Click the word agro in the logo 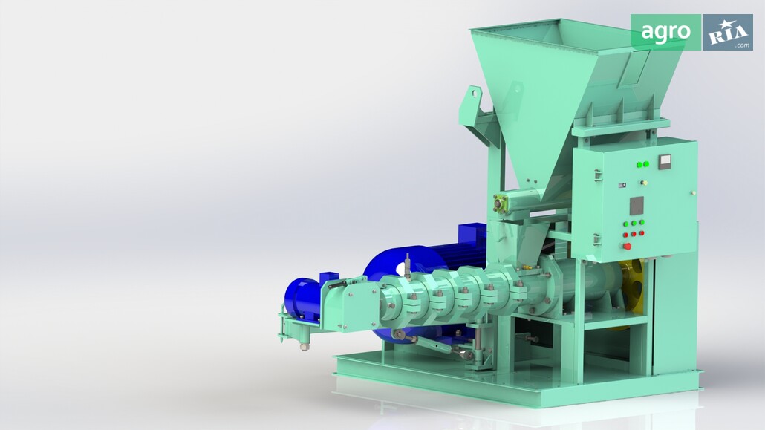pyautogui.click(x=665, y=32)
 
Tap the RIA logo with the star pyautogui.click(x=727, y=32)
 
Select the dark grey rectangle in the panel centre pyautogui.click(x=637, y=206)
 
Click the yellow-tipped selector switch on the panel pyautogui.click(x=643, y=183)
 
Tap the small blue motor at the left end pyautogui.click(x=302, y=299)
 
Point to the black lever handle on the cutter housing pyautogui.click(x=337, y=284)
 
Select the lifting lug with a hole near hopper pyautogui.click(x=473, y=97)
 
